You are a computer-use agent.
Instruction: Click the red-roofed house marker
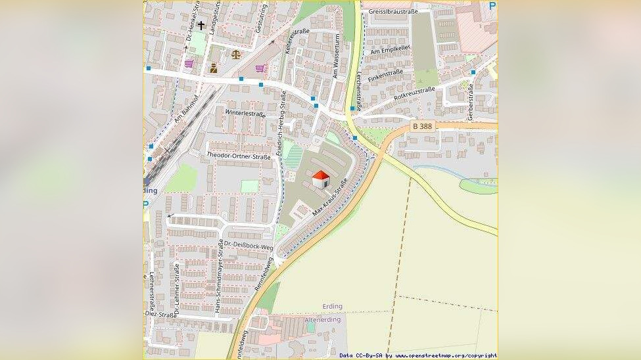click(x=320, y=179)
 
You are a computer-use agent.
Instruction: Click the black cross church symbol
click(x=201, y=25)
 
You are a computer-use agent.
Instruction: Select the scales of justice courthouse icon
click(x=235, y=55)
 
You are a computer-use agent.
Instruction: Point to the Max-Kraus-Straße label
click(x=329, y=200)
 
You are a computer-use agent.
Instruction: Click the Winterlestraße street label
click(x=245, y=113)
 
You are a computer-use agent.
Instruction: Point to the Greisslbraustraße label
click(x=394, y=11)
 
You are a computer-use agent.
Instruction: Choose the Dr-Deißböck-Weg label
click(x=249, y=244)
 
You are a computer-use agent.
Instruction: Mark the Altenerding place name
click(x=323, y=320)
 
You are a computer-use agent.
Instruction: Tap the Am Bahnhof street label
click(x=187, y=108)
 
